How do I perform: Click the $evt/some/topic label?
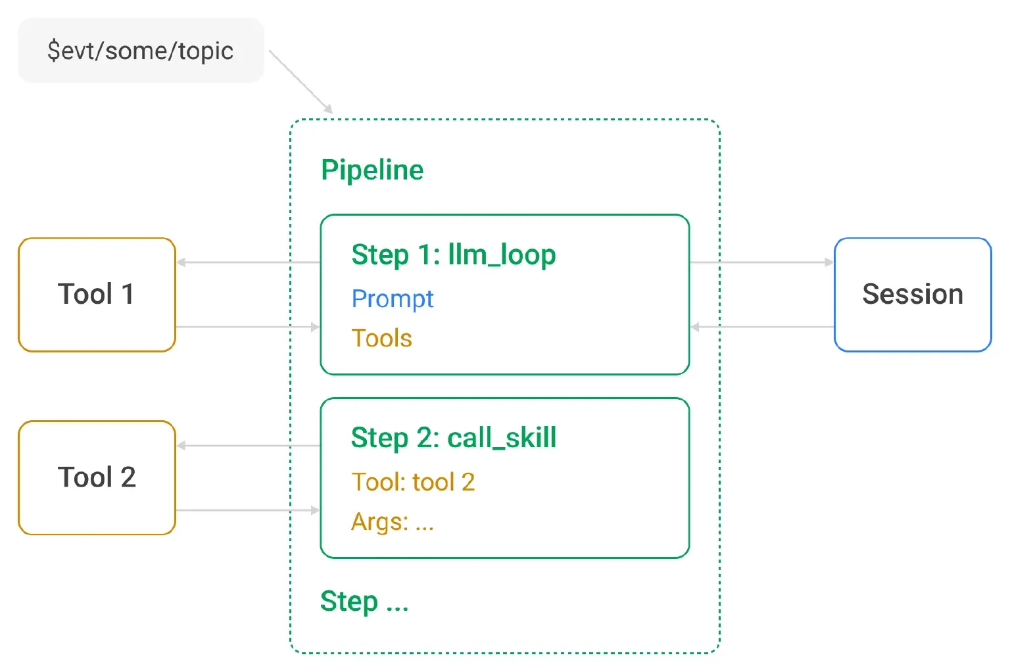pyautogui.click(x=141, y=51)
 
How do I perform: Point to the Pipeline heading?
pyautogui.click(x=372, y=170)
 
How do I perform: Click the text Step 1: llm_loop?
pyautogui.click(x=454, y=255)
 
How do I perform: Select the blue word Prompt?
pyautogui.click(x=393, y=299)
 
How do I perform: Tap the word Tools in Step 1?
pyautogui.click(x=382, y=338)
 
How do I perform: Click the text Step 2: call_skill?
pyautogui.click(x=454, y=438)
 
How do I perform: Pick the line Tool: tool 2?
pyautogui.click(x=413, y=482)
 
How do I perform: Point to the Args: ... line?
pyautogui.click(x=393, y=522)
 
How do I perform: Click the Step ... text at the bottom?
pyautogui.click(x=364, y=601)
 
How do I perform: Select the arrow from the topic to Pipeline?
pyautogui.click(x=301, y=82)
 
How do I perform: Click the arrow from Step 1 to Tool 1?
pyautogui.click(x=249, y=262)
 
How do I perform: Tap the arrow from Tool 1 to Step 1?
pyautogui.click(x=247, y=327)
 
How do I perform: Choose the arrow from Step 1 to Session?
pyautogui.click(x=761, y=262)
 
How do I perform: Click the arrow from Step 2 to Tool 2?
pyautogui.click(x=249, y=446)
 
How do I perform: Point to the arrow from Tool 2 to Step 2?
pyautogui.click(x=247, y=510)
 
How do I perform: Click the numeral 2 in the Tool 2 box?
pyautogui.click(x=128, y=477)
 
